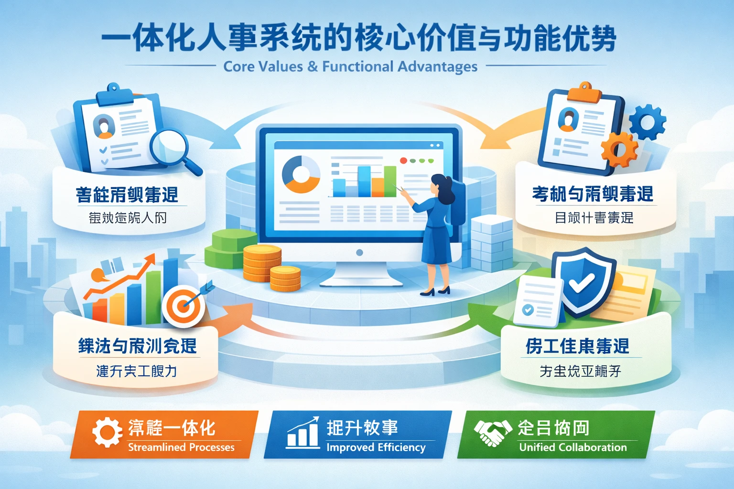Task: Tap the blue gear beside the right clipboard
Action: coord(648,123)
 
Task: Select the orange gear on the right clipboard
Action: coord(620,149)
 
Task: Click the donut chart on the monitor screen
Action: coord(301,174)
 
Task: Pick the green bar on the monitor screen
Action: coord(390,181)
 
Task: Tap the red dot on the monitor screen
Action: coord(403,161)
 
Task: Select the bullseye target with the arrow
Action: coord(183,306)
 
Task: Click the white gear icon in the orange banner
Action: coord(107,432)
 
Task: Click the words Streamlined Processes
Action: coord(181,447)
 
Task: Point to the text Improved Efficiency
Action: coord(376,447)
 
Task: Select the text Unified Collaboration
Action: coord(572,447)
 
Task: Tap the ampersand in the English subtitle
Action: coord(313,66)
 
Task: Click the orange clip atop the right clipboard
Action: coord(584,92)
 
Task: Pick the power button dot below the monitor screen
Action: coord(359,253)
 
